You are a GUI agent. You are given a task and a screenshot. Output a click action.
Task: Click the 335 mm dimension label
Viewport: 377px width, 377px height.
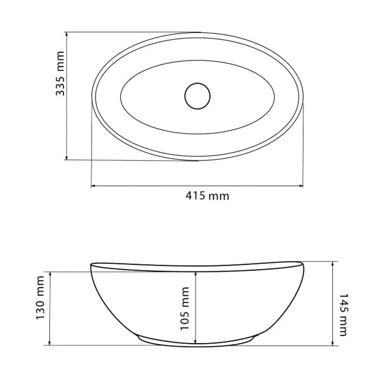60,73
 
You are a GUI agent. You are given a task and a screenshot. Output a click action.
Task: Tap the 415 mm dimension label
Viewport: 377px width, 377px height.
207,196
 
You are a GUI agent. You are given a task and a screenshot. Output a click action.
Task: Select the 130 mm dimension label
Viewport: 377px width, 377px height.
40,298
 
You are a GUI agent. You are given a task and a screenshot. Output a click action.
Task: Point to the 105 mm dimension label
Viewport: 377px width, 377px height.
185,309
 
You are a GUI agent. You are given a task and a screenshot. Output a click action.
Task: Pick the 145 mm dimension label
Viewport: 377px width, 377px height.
343,315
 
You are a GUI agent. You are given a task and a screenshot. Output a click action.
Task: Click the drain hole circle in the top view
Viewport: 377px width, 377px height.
198,96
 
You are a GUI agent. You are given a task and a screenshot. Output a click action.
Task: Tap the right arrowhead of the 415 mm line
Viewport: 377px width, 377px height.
301,186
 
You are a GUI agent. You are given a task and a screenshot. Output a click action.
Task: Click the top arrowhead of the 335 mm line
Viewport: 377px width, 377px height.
67,35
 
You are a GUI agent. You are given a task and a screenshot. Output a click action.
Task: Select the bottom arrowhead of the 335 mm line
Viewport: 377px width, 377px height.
67,157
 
